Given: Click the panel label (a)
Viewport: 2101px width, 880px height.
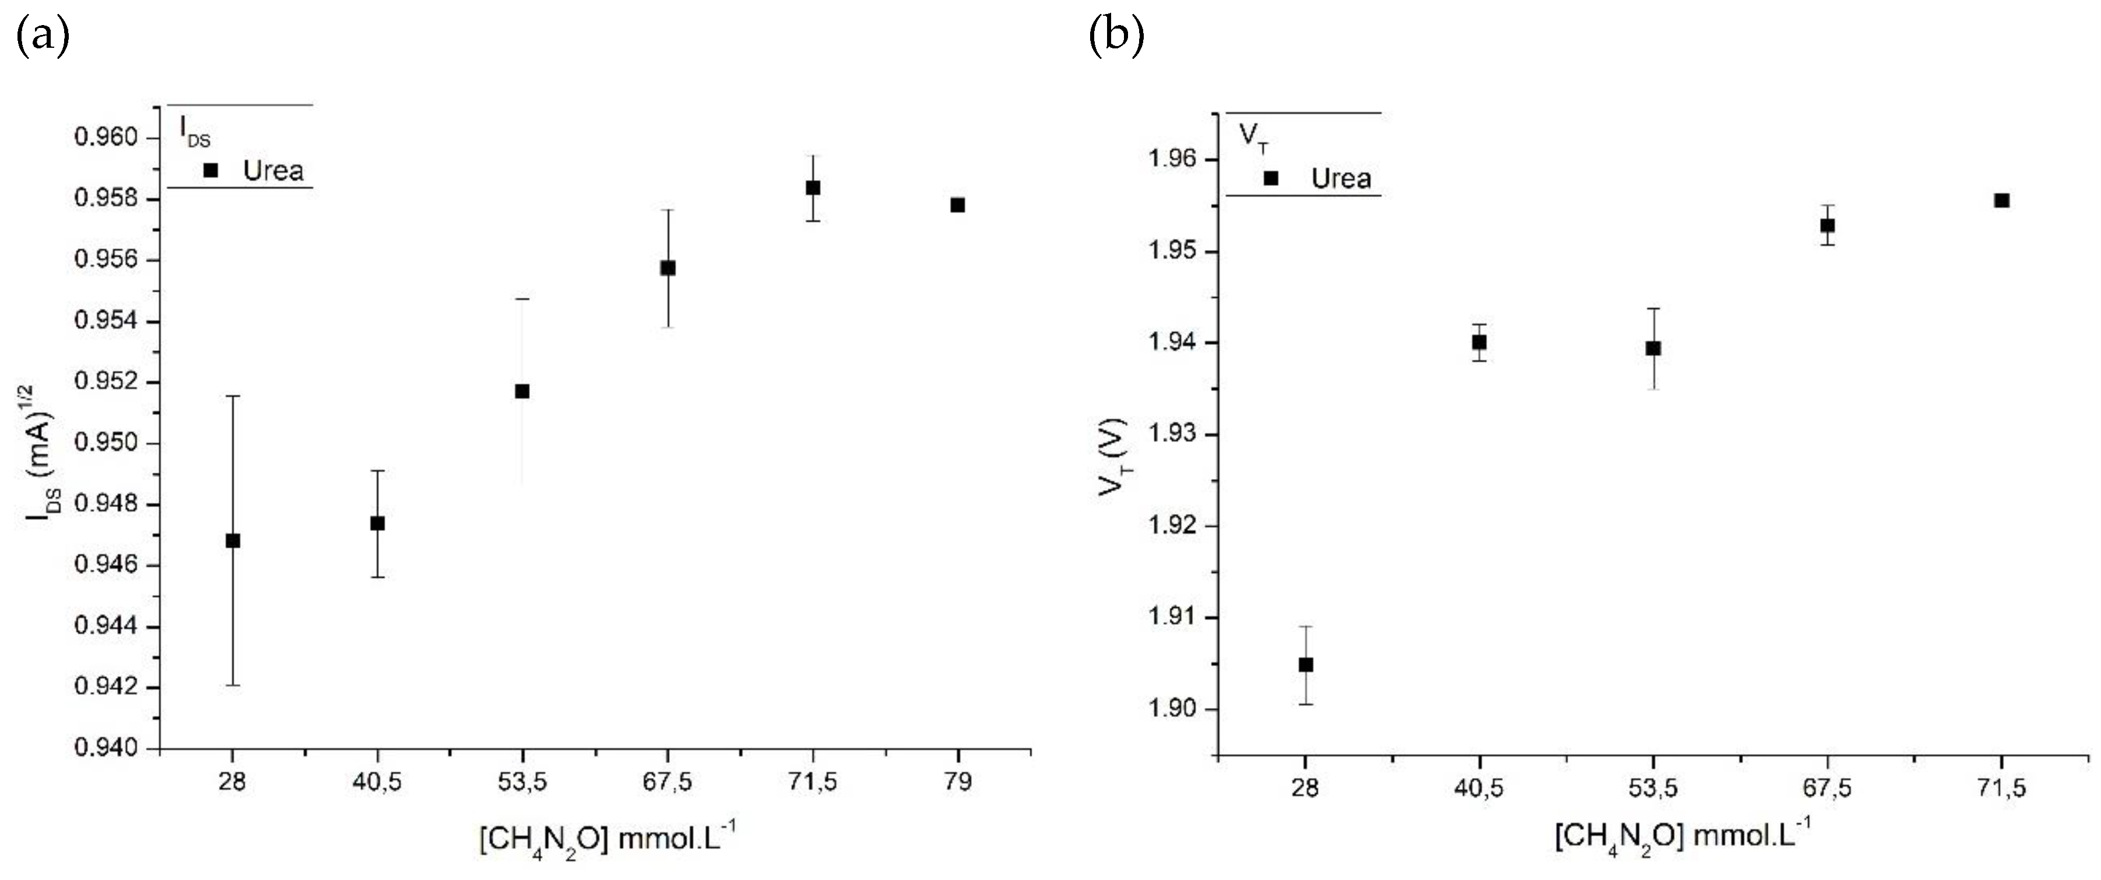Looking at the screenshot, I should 43,36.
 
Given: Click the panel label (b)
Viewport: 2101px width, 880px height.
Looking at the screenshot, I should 1116,36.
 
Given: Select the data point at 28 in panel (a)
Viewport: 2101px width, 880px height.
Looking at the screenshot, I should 233,541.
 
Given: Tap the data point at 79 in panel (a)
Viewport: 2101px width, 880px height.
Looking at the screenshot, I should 958,205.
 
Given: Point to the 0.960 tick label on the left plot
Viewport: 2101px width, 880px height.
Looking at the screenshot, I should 107,137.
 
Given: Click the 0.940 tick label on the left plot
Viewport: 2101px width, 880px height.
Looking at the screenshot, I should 107,748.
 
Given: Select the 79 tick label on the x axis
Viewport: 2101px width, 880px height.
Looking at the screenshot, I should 958,782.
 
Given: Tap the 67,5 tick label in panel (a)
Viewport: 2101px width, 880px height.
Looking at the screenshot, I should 667,782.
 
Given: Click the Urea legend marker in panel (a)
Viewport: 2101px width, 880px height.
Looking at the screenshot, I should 210,170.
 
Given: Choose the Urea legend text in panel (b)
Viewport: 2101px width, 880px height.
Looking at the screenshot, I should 1341,178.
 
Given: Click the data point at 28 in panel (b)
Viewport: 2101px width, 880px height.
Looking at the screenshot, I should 1306,665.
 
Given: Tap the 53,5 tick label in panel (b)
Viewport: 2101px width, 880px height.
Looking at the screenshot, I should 1653,788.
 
